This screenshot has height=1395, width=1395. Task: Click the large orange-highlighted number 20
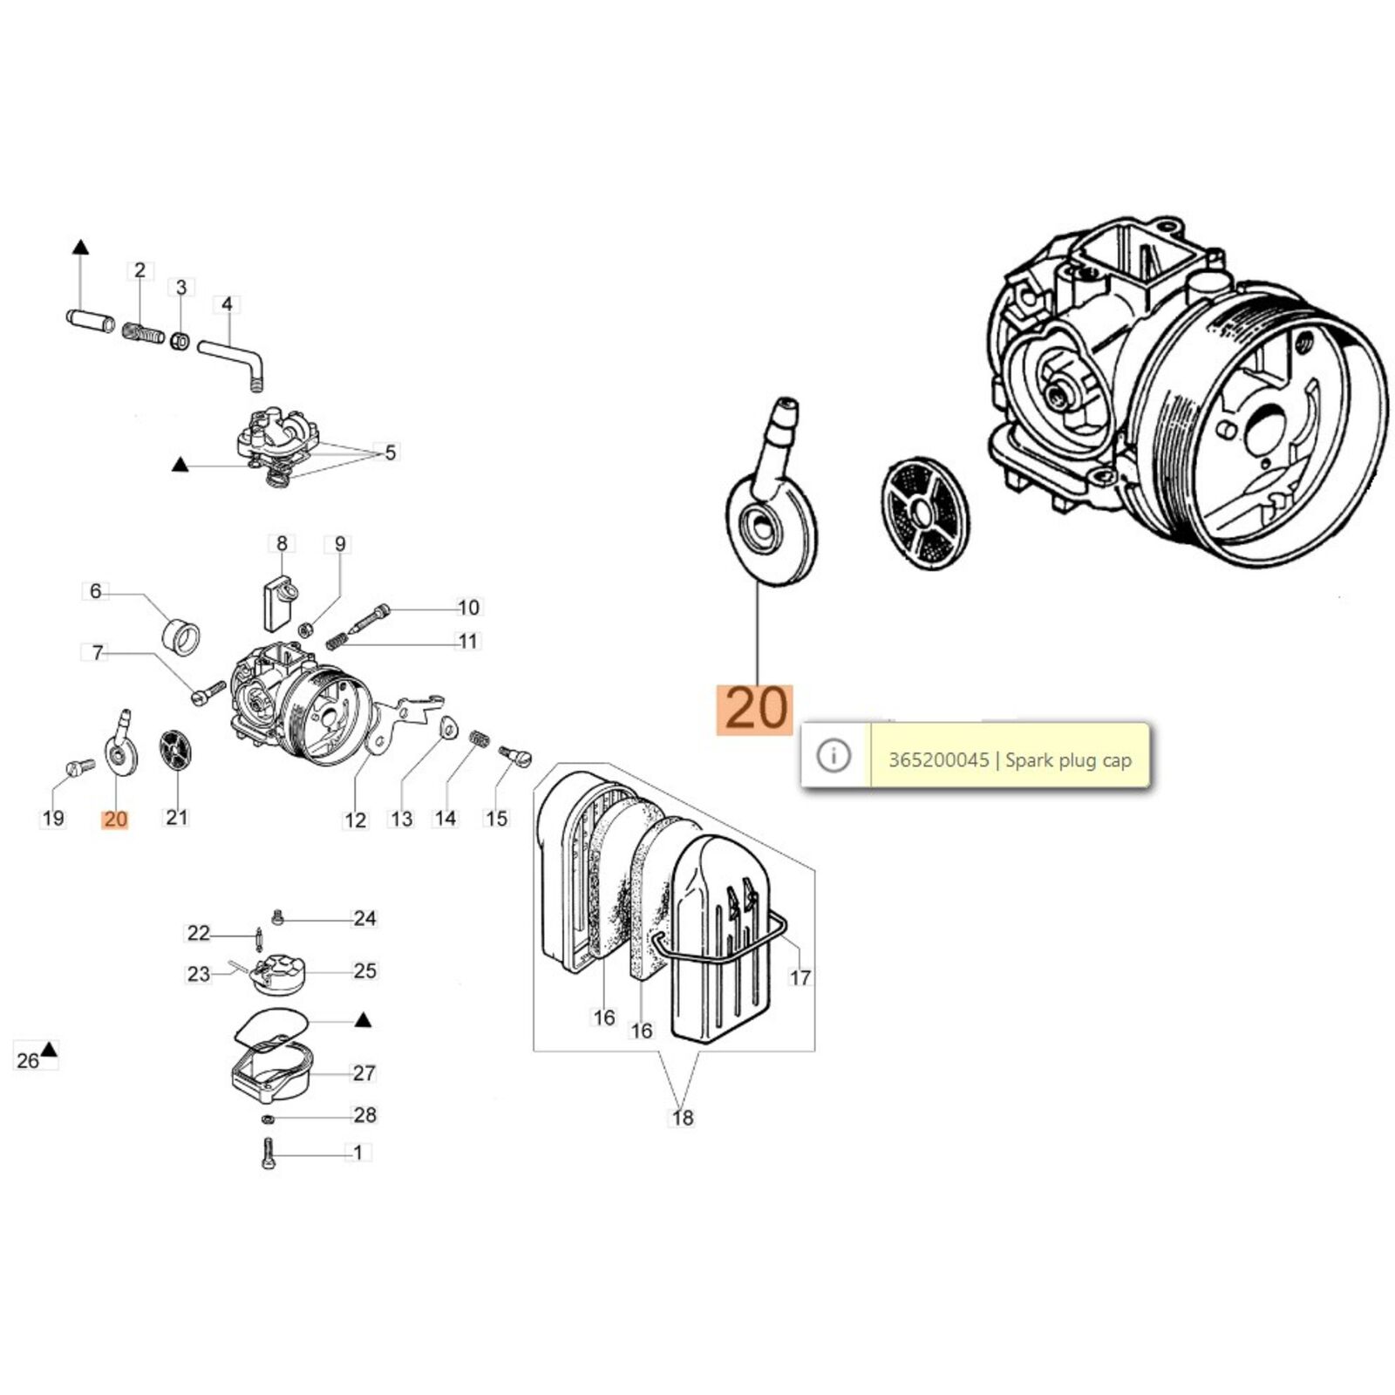coord(755,709)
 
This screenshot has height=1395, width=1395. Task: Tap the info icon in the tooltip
coord(834,755)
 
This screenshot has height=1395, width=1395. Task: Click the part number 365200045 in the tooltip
coord(938,760)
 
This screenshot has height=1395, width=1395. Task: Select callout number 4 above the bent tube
coord(227,304)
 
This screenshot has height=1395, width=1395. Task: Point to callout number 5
coord(390,453)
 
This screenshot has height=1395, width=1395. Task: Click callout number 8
coord(282,544)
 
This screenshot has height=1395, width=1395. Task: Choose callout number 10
coord(468,608)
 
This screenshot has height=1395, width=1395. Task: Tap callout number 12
coord(355,820)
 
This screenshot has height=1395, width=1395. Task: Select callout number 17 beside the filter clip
coord(800,977)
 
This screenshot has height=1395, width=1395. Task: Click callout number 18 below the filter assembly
coord(682,1118)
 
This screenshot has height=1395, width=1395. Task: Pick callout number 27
coord(364,1073)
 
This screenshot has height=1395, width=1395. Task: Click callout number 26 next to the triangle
coord(28,1060)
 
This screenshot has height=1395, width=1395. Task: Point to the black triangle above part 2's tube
coord(80,247)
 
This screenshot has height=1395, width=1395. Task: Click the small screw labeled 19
coord(80,766)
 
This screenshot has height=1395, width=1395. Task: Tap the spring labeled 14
coord(478,738)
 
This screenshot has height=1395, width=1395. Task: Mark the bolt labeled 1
coord(268,1153)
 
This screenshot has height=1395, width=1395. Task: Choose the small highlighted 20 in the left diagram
coord(115,820)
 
